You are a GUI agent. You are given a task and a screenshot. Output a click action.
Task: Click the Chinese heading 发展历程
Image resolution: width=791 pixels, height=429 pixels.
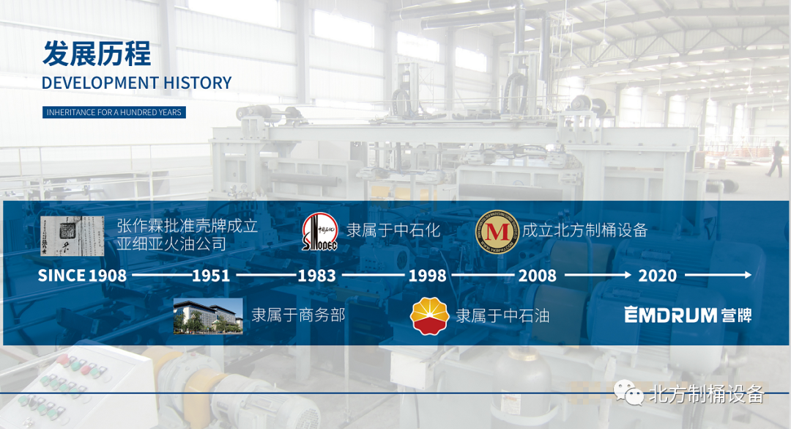tap(97, 54)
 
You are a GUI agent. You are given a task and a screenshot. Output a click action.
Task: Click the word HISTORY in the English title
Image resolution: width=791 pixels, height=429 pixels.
tap(198, 83)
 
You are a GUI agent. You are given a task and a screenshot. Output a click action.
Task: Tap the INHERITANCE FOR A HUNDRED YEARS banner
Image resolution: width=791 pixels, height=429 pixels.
tap(114, 112)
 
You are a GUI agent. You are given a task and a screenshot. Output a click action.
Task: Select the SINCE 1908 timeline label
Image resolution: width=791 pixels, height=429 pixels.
tap(82, 276)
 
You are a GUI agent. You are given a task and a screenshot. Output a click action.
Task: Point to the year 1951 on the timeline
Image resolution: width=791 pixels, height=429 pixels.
tap(211, 276)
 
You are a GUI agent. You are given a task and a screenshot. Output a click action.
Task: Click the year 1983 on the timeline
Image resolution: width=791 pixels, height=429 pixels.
tap(317, 276)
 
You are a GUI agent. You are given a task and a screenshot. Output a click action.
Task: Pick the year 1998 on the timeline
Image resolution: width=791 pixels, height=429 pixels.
tap(427, 276)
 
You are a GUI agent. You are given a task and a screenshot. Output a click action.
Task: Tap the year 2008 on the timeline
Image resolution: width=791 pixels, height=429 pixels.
tap(538, 276)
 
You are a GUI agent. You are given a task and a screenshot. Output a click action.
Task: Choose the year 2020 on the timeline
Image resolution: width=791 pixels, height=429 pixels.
tap(657, 276)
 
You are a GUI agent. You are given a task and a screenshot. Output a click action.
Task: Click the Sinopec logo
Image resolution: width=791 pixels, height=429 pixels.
tap(320, 232)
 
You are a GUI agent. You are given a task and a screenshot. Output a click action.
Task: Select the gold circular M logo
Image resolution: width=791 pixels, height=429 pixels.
tap(497, 232)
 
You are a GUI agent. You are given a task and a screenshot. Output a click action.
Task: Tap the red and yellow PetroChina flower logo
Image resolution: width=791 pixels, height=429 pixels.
tap(429, 316)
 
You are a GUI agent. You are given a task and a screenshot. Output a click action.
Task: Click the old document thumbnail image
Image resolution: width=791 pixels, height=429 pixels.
tap(72, 236)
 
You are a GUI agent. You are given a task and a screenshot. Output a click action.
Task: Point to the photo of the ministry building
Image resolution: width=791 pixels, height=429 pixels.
tap(208, 316)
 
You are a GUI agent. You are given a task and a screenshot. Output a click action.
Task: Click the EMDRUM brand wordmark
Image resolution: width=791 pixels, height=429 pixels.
tap(670, 315)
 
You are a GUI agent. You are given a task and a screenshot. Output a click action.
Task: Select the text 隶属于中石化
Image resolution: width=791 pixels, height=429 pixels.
tap(393, 230)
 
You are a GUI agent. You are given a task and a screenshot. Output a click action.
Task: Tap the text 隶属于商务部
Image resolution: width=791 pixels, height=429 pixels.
tap(298, 315)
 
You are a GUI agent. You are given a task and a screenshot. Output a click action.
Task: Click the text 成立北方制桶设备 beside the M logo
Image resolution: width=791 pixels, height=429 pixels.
tap(584, 230)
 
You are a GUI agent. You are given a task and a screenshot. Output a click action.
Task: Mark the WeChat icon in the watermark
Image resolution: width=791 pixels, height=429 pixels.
tap(628, 393)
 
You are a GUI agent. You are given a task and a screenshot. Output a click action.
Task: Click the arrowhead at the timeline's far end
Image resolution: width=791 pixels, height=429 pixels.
tap(748, 275)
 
